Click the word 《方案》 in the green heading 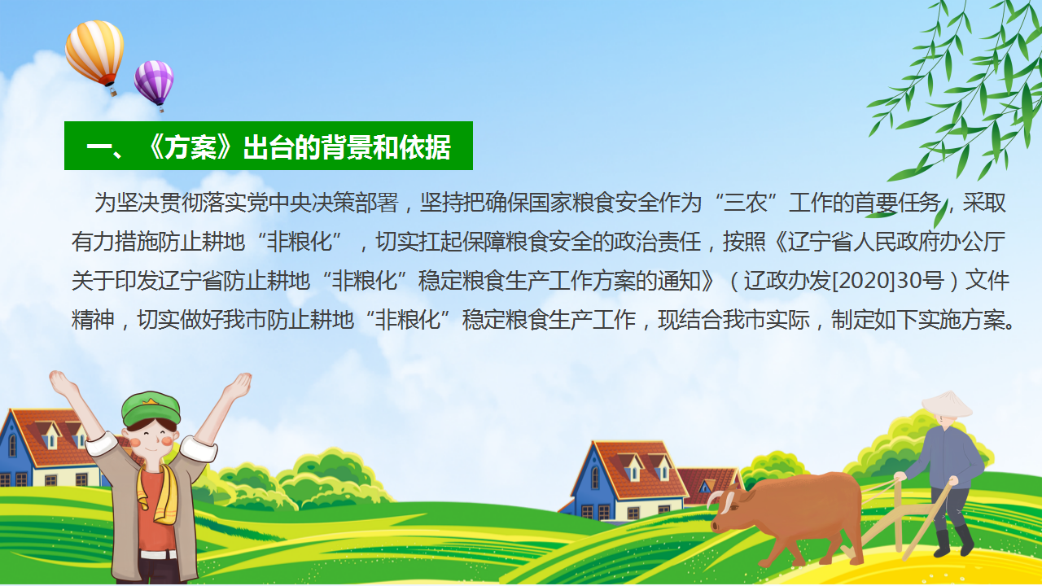click(190, 147)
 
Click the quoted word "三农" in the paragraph click(746, 203)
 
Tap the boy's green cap click(151, 409)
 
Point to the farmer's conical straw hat click(946, 404)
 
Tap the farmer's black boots click(952, 542)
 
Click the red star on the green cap click(150, 400)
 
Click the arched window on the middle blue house click(595, 478)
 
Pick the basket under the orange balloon click(113, 92)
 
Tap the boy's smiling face click(151, 439)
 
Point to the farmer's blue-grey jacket click(947, 457)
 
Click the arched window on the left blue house click(12, 445)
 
